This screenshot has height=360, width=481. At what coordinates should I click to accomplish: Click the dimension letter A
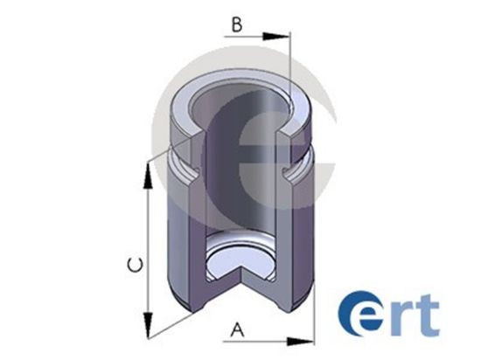[x=237, y=329]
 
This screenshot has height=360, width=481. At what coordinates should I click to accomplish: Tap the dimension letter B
[x=237, y=25]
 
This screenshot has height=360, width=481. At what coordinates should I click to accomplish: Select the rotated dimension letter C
[x=136, y=265]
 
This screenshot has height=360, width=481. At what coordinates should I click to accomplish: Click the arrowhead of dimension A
[x=300, y=342]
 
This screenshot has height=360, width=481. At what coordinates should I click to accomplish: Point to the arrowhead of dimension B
[x=275, y=36]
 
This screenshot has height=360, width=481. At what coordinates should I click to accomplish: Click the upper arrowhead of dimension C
[x=148, y=176]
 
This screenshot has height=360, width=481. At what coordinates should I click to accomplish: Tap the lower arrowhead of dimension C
[x=148, y=325]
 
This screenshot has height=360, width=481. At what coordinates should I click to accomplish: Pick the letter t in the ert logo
[x=427, y=315]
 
